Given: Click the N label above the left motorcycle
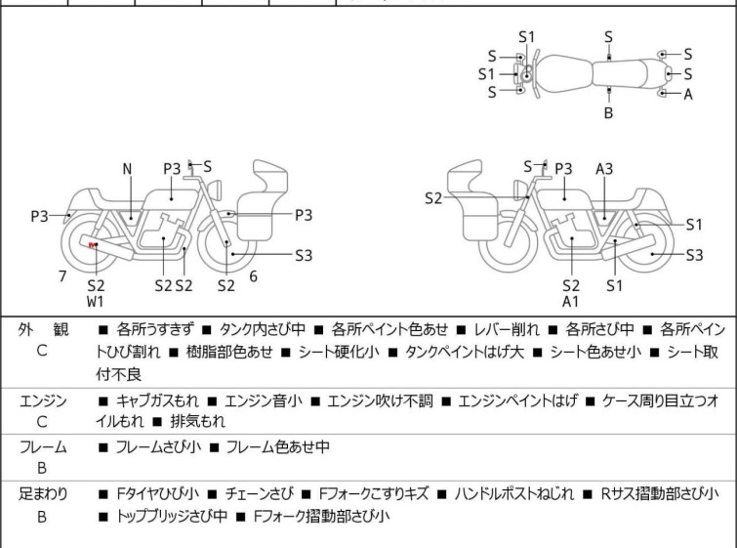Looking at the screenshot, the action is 127,169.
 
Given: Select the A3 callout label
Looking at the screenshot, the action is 604,169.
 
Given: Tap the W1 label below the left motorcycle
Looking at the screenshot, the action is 95,302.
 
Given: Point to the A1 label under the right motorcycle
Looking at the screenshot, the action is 570,302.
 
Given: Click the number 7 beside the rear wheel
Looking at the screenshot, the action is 62,276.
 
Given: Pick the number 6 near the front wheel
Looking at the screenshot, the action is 254,276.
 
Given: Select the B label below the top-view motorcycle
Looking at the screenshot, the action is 608,113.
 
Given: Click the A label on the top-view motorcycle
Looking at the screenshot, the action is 688,95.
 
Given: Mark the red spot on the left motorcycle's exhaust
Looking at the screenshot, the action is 92,244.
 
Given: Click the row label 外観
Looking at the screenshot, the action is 43,330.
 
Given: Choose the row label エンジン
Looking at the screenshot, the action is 43,400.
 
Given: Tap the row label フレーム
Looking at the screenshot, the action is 43,446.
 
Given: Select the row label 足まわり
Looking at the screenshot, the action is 43,494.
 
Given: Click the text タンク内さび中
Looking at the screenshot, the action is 263,329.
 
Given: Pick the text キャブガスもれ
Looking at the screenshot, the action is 157,400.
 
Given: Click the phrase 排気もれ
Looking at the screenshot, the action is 198,421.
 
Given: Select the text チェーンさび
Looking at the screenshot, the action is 259,494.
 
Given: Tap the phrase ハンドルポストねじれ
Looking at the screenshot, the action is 513,494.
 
